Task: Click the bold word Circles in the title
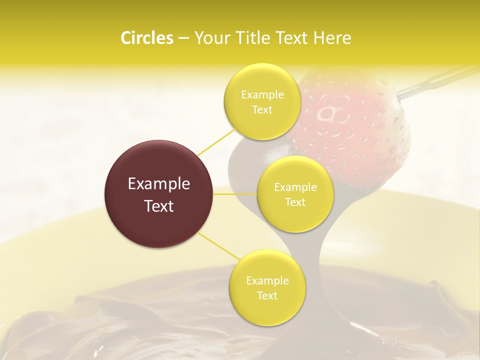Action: [146, 38]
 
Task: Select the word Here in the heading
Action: [333, 38]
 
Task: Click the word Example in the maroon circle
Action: [159, 184]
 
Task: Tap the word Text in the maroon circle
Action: [159, 206]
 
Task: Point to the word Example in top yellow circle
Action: [262, 95]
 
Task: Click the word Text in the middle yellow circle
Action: [295, 202]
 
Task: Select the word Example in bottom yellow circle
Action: [267, 281]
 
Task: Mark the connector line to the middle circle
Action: [235, 193]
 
